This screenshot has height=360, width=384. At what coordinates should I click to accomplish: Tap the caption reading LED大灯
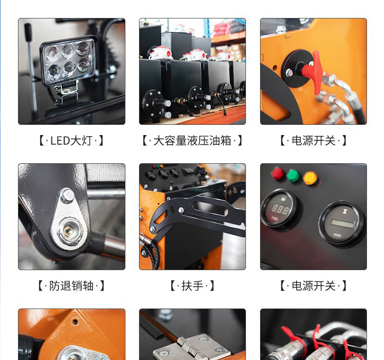71,141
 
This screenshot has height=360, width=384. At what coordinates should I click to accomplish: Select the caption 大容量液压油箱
192,141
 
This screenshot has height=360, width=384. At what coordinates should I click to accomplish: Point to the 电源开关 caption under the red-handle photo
314,141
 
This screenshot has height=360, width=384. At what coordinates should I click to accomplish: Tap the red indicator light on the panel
278,173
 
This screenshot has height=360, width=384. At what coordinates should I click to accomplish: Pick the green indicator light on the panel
293,175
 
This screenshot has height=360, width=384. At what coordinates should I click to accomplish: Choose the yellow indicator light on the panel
310,178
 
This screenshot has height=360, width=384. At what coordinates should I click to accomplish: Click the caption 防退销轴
71,286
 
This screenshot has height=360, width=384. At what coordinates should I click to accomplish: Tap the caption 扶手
192,286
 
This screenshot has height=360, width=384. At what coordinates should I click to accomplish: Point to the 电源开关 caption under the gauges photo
314,286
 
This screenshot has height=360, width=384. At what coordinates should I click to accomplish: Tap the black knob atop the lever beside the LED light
28,32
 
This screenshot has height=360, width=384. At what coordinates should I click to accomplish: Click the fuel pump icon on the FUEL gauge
284,198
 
